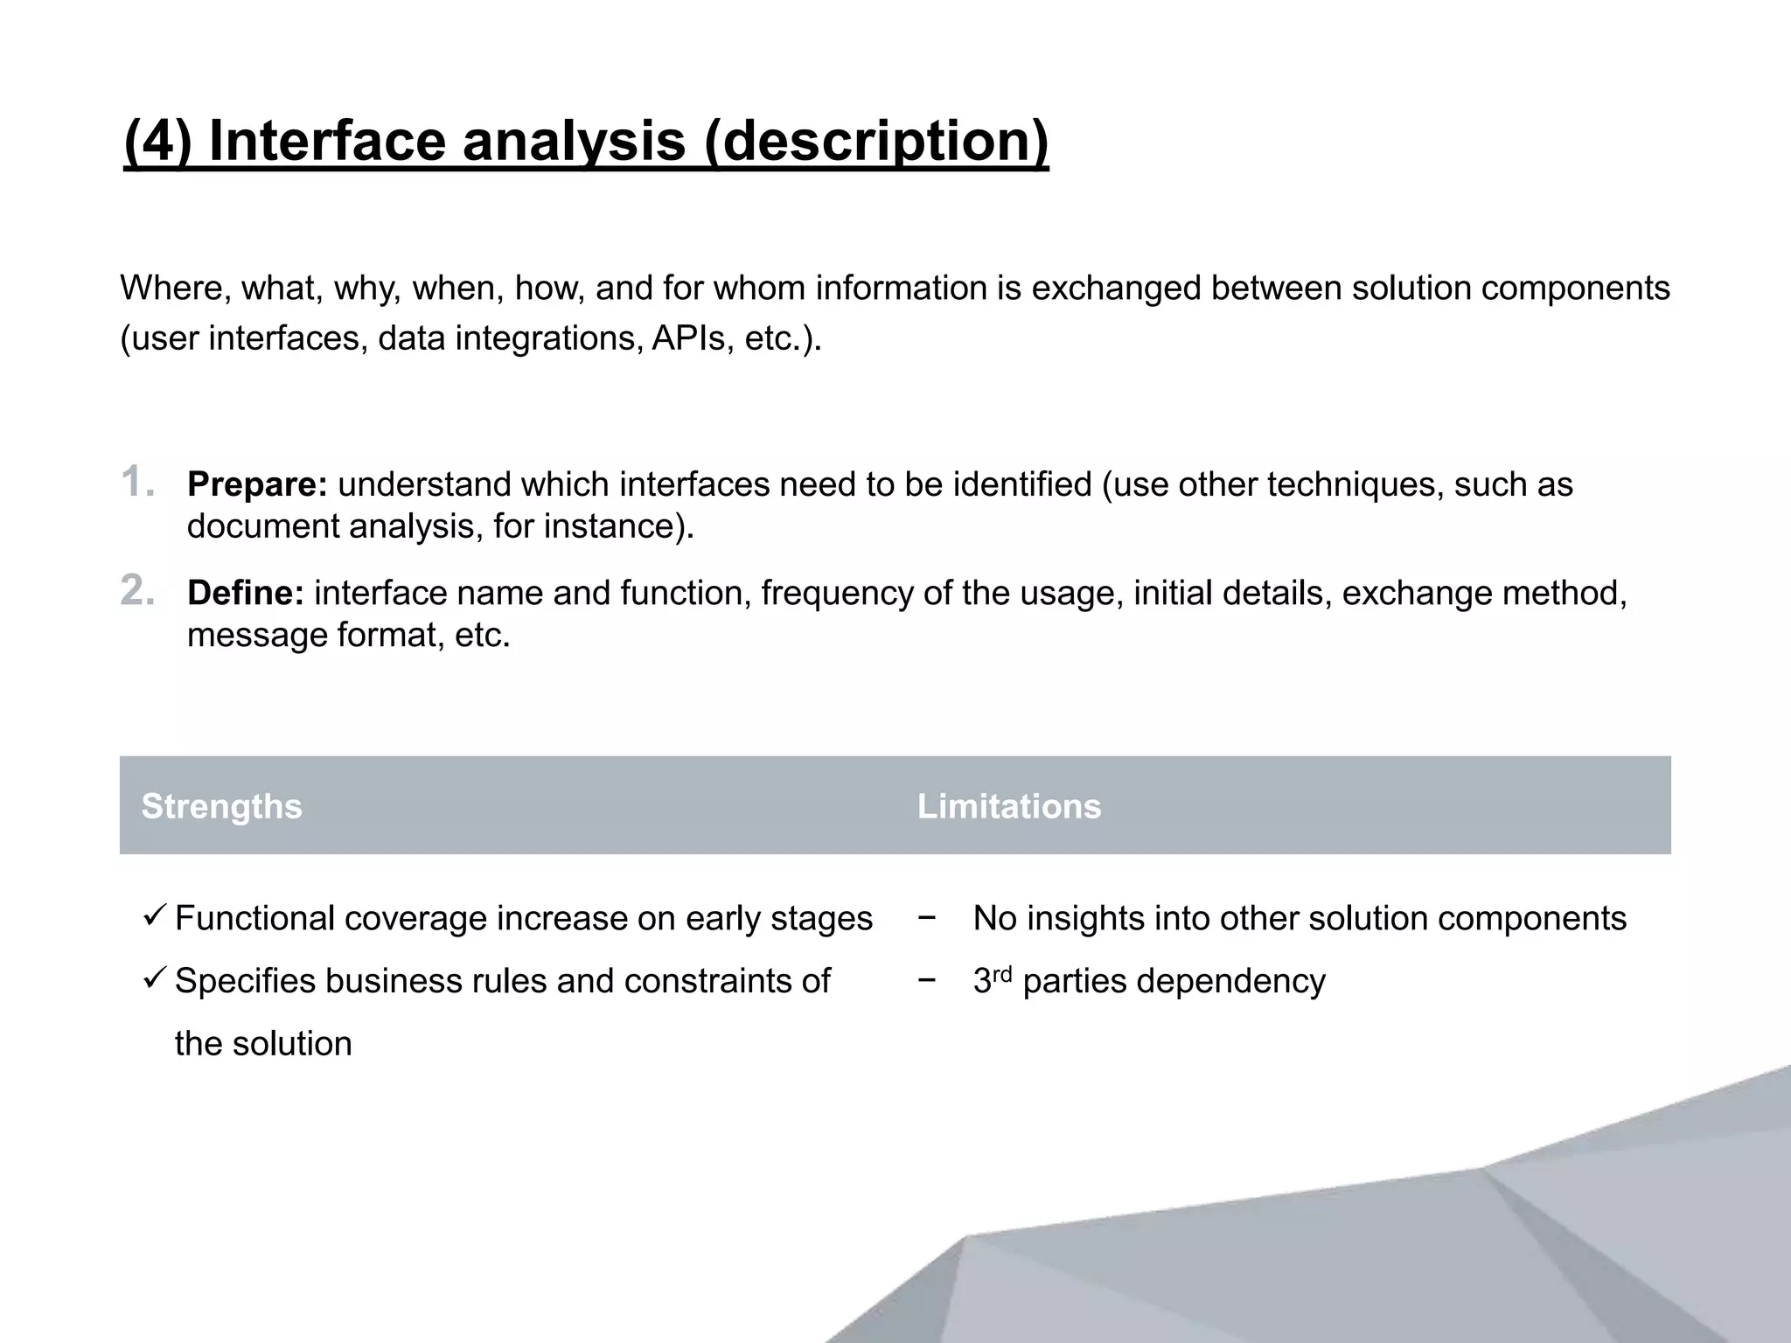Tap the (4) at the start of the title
pos(158,141)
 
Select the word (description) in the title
pos(875,141)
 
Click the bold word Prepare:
pos(257,484)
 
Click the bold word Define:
pos(246,593)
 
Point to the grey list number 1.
pos(136,483)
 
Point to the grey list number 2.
pos(137,591)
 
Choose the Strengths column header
pos(222,806)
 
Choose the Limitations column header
pos(1009,806)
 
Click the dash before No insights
pos(927,918)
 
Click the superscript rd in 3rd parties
pos(1002,973)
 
